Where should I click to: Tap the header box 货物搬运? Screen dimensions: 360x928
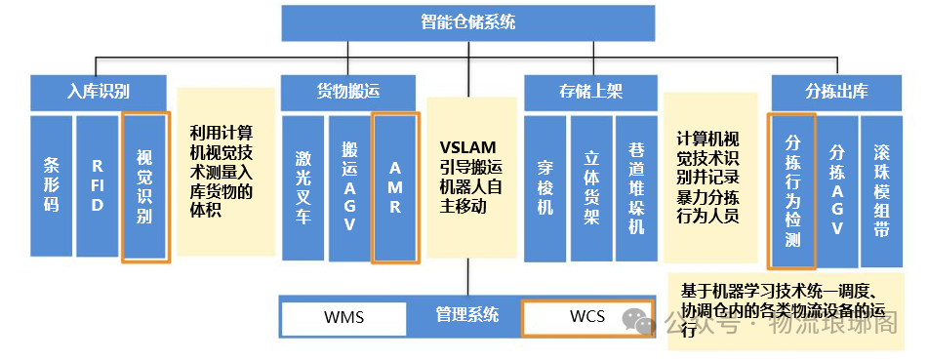coord(348,93)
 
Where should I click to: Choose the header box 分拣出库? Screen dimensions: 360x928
coord(836,93)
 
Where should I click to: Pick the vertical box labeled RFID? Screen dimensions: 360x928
coord(98,186)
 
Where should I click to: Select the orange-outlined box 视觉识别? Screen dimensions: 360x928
coord(145,186)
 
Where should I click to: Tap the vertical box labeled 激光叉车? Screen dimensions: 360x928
coord(303,188)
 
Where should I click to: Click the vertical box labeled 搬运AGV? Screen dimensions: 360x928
coord(349,188)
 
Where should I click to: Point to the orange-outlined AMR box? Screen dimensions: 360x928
coord(396,188)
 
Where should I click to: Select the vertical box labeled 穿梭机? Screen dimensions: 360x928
coord(545,188)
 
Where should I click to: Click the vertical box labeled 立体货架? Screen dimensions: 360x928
coord(590,188)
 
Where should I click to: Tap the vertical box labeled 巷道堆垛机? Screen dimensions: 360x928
coord(636,188)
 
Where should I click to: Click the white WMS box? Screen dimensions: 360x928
coord(343,317)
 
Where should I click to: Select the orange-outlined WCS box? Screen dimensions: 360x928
coord(586,317)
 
